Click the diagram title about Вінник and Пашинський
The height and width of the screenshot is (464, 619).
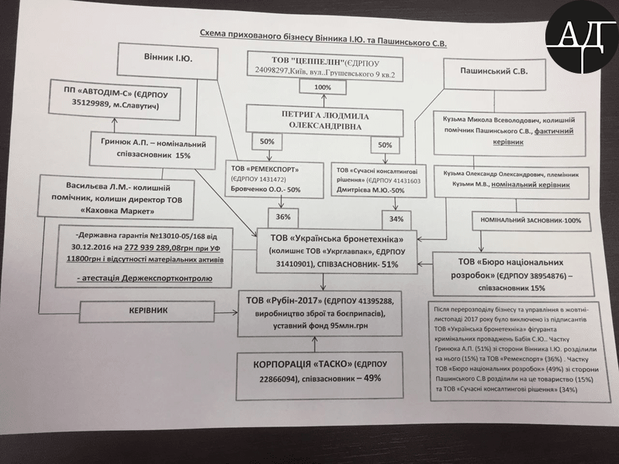coord(324,35)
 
